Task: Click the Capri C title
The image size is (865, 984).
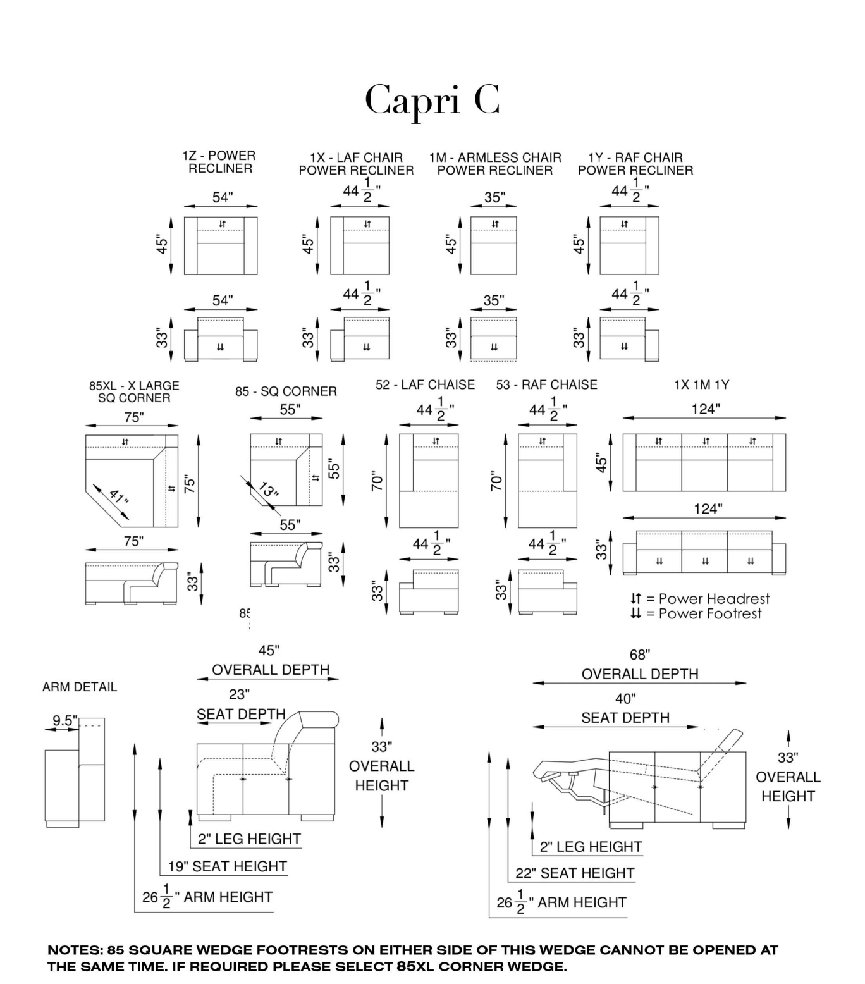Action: pos(432,100)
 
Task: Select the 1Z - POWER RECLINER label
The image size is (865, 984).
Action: pos(219,162)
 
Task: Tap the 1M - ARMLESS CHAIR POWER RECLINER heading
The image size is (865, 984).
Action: pos(495,164)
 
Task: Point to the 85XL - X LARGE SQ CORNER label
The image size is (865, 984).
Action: pos(134,391)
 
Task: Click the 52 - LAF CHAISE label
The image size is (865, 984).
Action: pos(425,384)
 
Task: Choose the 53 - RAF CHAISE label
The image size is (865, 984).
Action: pos(546,384)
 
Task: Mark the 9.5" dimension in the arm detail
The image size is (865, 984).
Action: pos(64,720)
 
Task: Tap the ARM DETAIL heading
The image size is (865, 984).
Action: pos(80,687)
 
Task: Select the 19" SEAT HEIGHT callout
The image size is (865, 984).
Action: pos(227,866)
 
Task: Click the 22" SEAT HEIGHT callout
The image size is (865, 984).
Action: pos(574,873)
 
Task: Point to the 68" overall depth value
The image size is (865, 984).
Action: pos(640,655)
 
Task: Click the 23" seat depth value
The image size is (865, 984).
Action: pos(239,694)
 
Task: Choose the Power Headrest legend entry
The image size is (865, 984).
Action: pos(700,598)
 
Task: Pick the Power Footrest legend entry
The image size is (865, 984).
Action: pos(696,613)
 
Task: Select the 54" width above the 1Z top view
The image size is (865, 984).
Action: pos(222,197)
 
